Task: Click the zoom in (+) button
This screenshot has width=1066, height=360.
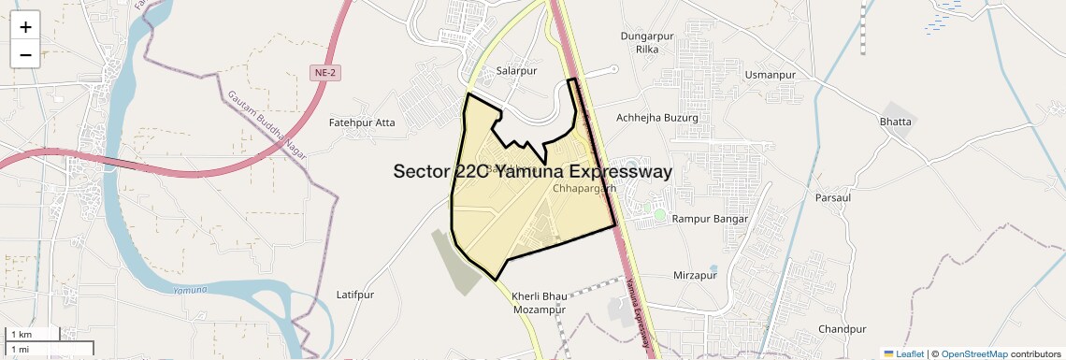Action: (x=25, y=27)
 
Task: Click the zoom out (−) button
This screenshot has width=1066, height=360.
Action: (x=25, y=54)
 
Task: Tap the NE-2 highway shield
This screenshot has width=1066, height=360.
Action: (x=323, y=72)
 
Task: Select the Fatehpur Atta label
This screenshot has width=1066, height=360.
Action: (x=362, y=122)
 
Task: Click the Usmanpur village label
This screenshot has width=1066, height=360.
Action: (x=770, y=74)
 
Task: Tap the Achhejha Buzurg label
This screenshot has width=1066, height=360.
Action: (x=657, y=118)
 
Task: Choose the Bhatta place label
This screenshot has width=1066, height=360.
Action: (x=895, y=122)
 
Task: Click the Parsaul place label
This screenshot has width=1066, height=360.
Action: (x=832, y=198)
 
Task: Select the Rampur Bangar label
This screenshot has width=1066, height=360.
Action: (x=711, y=219)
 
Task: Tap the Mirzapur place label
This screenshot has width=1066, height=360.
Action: (x=695, y=276)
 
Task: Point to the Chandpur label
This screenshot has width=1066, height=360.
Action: (x=842, y=329)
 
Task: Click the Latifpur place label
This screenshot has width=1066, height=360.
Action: (x=354, y=295)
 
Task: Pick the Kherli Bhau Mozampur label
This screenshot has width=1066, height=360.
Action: (x=540, y=302)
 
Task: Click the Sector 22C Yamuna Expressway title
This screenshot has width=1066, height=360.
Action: (x=533, y=172)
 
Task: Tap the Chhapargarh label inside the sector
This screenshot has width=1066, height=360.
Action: (x=584, y=188)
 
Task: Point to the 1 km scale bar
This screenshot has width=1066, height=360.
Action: (x=33, y=334)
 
